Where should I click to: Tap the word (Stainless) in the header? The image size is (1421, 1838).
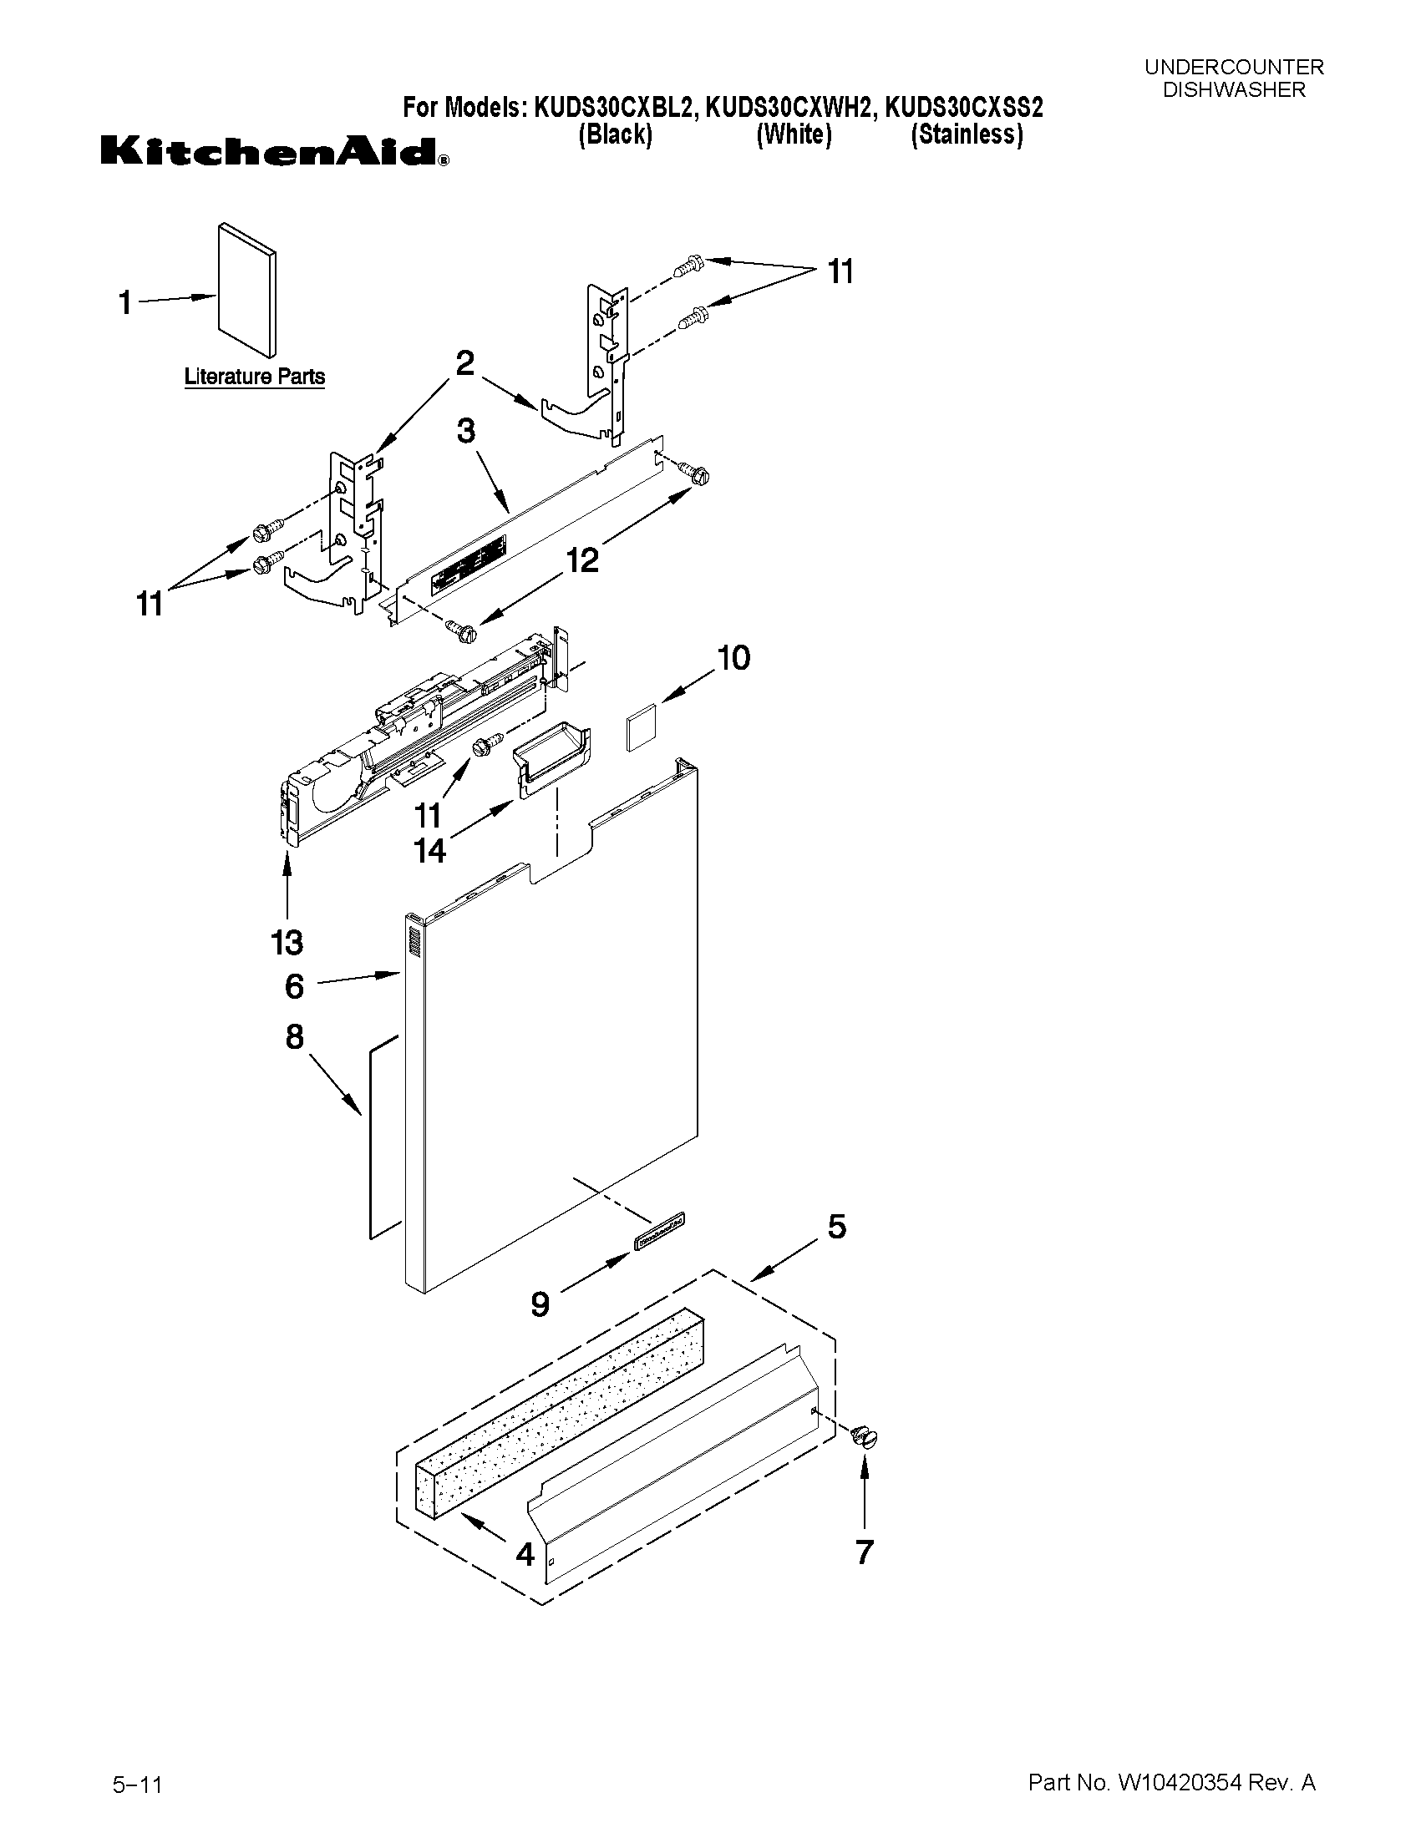coord(967,134)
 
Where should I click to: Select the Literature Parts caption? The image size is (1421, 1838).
coord(254,376)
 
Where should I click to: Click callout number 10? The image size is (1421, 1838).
coord(733,658)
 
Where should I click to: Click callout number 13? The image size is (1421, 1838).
coord(287,943)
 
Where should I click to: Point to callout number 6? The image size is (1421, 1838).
coord(294,985)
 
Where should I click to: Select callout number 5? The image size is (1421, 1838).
coord(836,1228)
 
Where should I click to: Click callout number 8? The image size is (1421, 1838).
coord(294,1037)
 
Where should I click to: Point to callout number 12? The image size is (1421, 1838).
coord(582,559)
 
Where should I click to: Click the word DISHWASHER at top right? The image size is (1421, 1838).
coord(1233,90)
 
